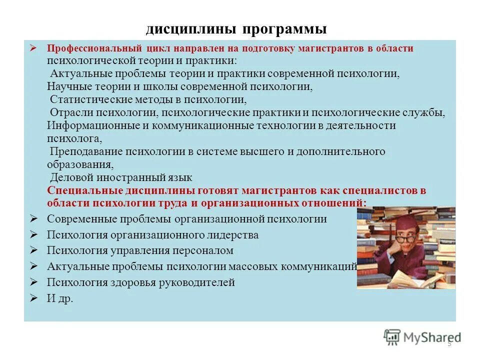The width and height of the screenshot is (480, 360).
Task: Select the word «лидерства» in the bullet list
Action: [233, 234]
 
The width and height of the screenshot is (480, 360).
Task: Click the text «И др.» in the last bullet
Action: [60, 298]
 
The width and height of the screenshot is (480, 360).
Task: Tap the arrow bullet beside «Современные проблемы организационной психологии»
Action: [34, 218]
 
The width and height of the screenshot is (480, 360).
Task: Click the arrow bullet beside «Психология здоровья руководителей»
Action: [34, 282]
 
